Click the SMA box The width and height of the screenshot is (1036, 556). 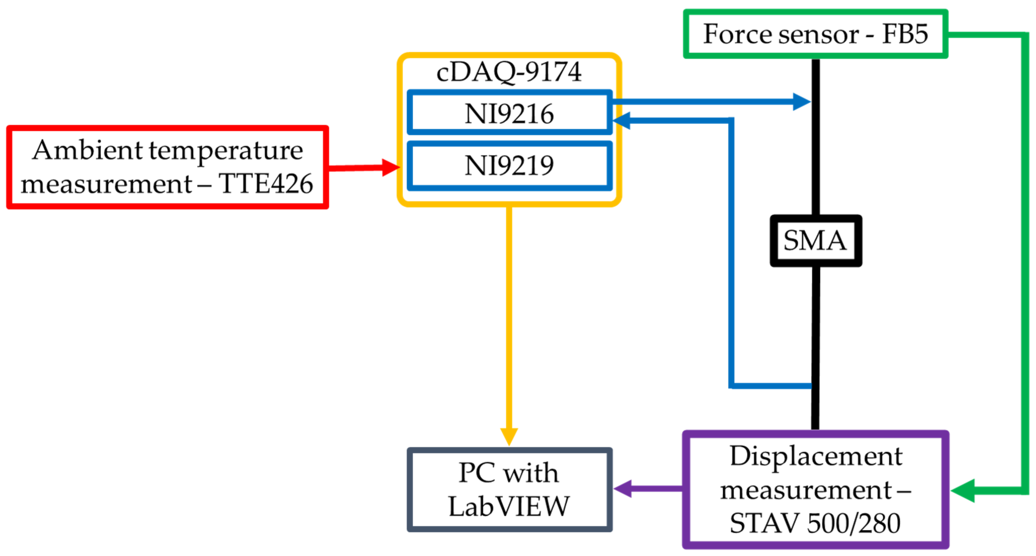coord(815,240)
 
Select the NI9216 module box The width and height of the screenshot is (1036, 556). coord(509,113)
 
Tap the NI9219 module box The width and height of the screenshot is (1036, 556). coord(509,165)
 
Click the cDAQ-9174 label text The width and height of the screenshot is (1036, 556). coord(509,72)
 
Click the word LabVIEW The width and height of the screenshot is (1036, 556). coord(509,506)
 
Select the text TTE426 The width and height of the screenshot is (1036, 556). coord(266,184)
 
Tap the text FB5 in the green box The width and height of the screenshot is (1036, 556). coord(904,34)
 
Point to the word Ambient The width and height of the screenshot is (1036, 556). coord(87,150)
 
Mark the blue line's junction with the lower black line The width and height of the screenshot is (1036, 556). coord(813,386)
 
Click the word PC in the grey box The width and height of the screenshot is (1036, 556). coord(476,472)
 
